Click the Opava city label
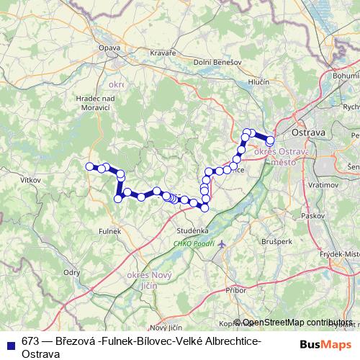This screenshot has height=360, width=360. (x=109, y=48)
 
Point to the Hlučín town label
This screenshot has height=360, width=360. (x=258, y=83)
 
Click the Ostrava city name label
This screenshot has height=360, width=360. (x=308, y=133)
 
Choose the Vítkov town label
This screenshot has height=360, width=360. (x=31, y=179)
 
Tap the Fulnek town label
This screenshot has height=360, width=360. (x=109, y=231)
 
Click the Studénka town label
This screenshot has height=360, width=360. (x=193, y=230)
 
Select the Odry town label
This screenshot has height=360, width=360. (x=72, y=272)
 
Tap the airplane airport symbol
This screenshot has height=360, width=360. (x=221, y=244)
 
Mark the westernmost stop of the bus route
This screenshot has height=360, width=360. (x=90, y=166)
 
